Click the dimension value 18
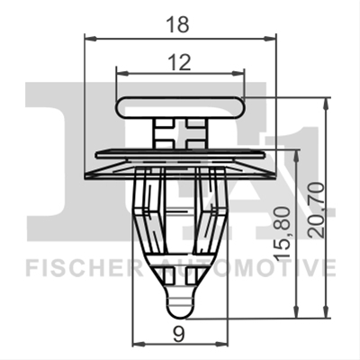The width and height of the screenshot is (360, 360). [x=179, y=24]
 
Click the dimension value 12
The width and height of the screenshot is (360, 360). [x=180, y=62]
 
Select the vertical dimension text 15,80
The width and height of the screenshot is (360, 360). [x=283, y=233]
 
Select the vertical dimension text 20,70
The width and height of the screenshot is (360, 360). [x=316, y=211]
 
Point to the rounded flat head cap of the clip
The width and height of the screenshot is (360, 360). [x=180, y=107]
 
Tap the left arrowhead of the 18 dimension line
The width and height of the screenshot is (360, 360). [x=91, y=39]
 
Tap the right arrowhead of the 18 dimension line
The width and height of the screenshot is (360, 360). [x=269, y=39]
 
